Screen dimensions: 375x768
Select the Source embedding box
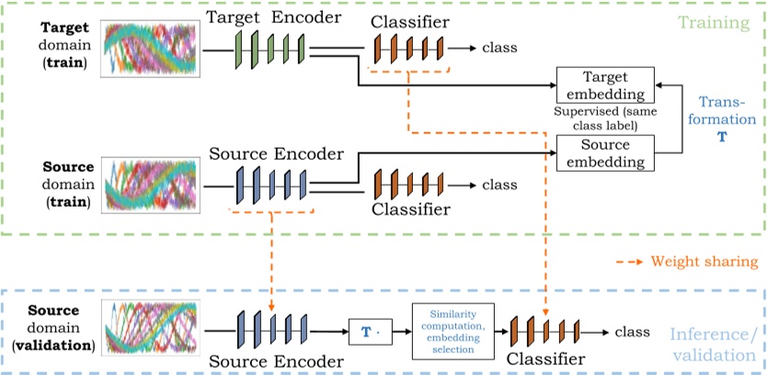[x=605, y=153]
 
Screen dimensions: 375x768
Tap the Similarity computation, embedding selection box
[x=453, y=330]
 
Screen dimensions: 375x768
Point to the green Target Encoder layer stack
[x=269, y=47]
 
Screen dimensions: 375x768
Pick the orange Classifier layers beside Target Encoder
[x=408, y=47]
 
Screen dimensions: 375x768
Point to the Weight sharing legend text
[x=703, y=263]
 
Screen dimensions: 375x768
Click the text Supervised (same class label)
[x=605, y=118]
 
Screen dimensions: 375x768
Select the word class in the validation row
[x=632, y=332]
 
